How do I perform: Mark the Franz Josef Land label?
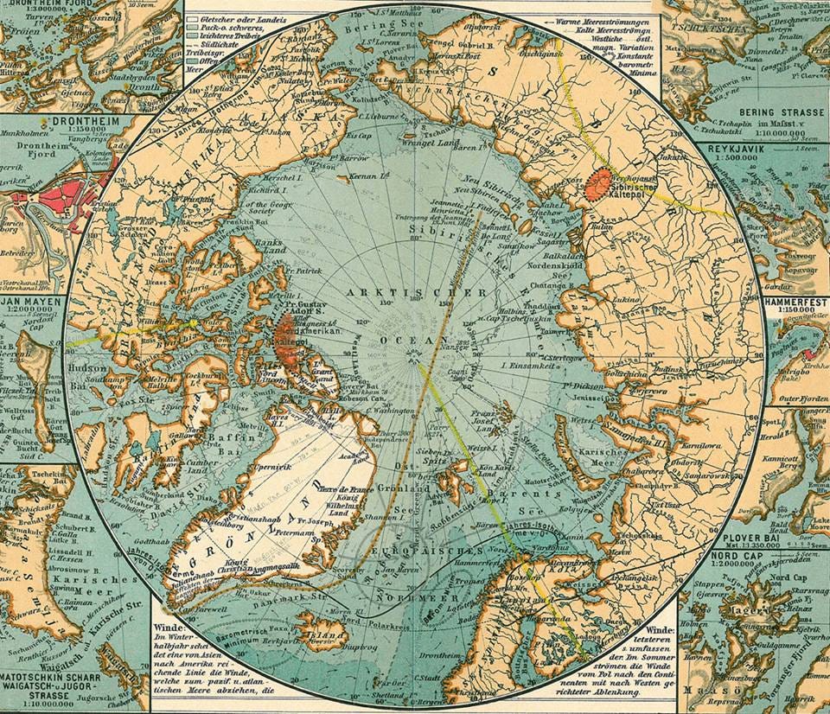click(484, 423)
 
